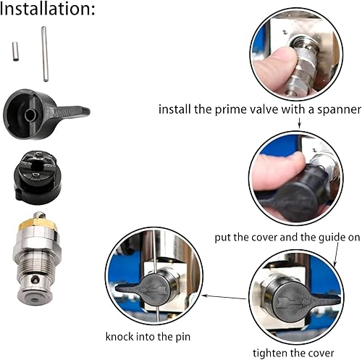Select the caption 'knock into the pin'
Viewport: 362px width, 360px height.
[x=149, y=335]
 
